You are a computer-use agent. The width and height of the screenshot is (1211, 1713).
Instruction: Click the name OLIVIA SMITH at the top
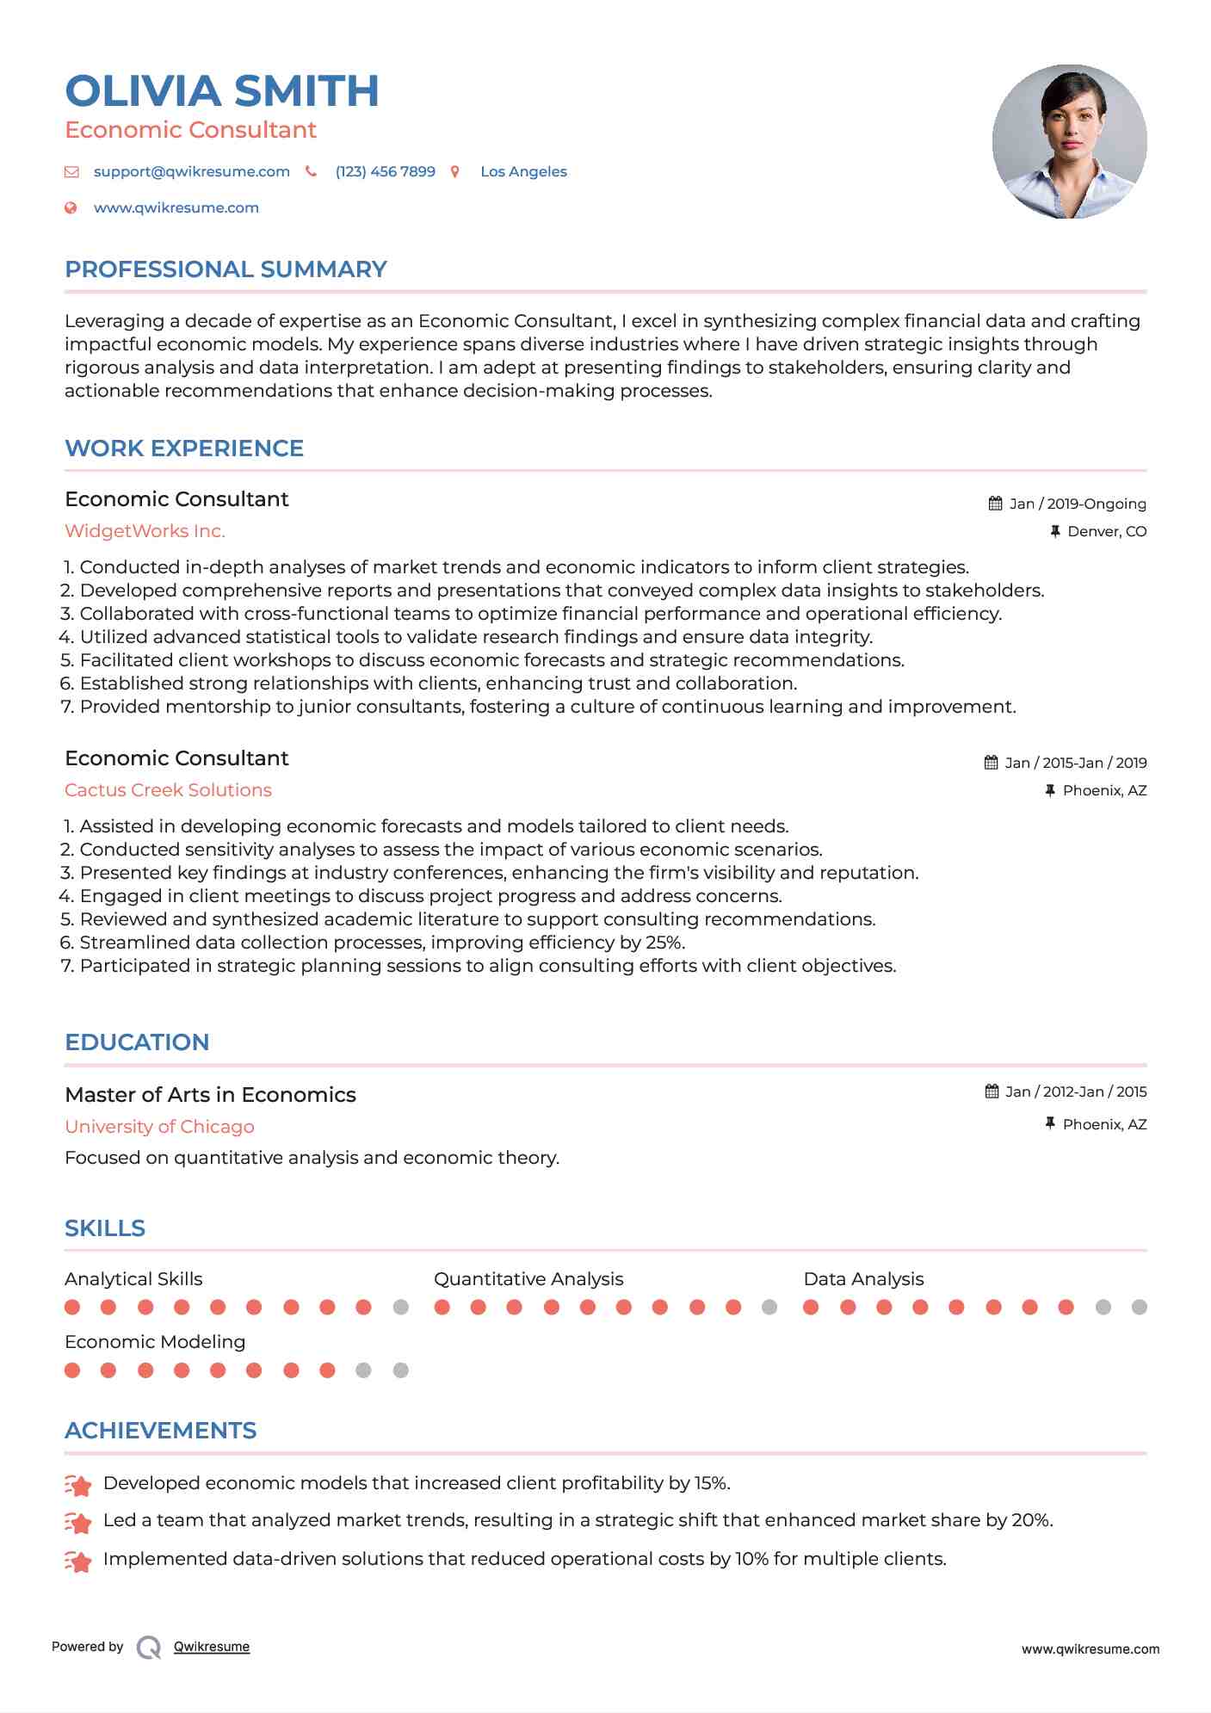click(222, 91)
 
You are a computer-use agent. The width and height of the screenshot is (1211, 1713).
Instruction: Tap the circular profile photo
click(1069, 141)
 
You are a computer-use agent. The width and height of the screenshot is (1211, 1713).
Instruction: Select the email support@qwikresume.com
click(191, 171)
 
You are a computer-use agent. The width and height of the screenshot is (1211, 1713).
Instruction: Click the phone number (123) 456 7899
click(385, 171)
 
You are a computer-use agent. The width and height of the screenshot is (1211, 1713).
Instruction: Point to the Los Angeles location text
click(523, 171)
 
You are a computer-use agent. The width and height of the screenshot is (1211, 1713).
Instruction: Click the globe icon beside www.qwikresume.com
click(71, 207)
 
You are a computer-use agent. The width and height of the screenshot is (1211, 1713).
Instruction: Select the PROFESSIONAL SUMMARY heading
click(226, 269)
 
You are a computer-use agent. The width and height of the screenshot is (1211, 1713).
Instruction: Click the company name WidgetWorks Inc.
click(145, 531)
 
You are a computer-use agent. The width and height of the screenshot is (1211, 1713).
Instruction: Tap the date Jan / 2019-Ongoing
click(1077, 504)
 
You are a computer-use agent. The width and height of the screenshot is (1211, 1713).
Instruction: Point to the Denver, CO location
click(1106, 531)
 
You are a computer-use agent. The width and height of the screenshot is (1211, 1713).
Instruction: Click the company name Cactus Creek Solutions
click(168, 790)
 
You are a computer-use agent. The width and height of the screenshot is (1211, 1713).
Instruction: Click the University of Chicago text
click(159, 1127)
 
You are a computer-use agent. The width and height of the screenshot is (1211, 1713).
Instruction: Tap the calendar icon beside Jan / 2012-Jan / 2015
click(992, 1091)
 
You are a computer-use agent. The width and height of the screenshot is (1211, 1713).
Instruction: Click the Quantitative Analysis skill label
click(528, 1279)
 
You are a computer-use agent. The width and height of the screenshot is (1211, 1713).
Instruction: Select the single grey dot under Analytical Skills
click(400, 1308)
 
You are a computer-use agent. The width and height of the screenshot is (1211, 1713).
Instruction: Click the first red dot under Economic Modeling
click(72, 1370)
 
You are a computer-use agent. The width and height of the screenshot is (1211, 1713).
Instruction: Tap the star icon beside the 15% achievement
click(78, 1485)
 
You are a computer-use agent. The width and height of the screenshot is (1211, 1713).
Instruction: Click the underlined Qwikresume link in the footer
click(212, 1647)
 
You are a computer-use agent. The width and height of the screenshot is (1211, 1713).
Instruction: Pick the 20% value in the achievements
click(1031, 1521)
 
